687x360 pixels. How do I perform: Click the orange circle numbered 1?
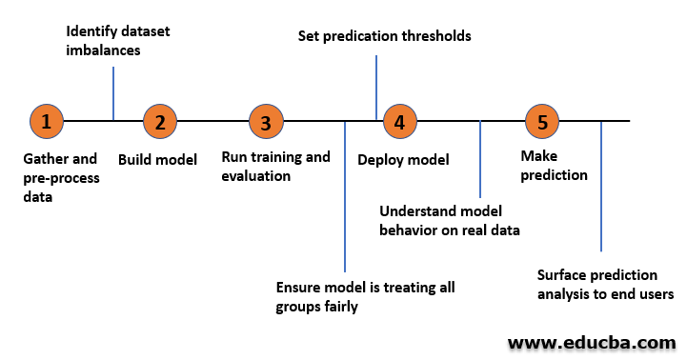pos(47,121)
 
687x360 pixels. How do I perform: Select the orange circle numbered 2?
pos(160,121)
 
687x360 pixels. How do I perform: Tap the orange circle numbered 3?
pos(266,121)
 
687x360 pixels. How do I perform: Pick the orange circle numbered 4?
pos(399,121)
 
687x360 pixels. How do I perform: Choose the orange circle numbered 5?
pos(542,121)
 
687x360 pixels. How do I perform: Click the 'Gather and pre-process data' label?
pos(59,177)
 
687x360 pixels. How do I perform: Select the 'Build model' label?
pos(157,160)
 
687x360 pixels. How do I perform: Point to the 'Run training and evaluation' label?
pos(275,166)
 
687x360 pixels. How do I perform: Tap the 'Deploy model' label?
pos(403,160)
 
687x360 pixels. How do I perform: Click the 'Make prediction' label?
pos(554,166)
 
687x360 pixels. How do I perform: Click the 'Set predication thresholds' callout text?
pos(385,36)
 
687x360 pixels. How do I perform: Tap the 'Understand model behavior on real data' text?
pos(449,220)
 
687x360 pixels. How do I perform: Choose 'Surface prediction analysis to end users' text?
pos(605,285)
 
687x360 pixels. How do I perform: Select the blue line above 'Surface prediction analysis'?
pos(601,186)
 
